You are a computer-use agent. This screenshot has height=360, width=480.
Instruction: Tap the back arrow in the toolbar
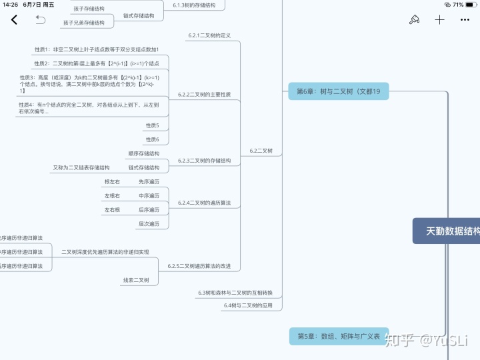click(x=15, y=20)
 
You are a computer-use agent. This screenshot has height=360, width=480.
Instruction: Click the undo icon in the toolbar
click(x=40, y=20)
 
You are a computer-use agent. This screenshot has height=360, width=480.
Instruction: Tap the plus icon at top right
click(x=439, y=20)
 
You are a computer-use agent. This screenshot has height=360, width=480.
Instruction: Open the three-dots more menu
click(x=465, y=20)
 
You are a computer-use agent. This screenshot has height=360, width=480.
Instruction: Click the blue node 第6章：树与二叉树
click(x=338, y=91)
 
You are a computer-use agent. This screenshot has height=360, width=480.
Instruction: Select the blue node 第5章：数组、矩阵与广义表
click(x=338, y=337)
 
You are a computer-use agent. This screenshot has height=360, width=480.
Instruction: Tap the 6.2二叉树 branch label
click(x=261, y=151)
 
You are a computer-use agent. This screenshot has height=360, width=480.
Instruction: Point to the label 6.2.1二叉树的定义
click(x=209, y=35)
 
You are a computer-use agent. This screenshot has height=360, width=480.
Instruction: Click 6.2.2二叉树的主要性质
click(x=204, y=95)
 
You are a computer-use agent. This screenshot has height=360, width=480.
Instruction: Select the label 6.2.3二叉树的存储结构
click(x=204, y=161)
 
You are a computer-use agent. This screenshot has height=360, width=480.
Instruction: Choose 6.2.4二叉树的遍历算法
click(x=204, y=203)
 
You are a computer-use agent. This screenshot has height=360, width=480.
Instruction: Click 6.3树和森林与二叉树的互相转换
click(x=235, y=293)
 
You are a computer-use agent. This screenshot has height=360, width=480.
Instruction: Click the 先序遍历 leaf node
click(x=149, y=182)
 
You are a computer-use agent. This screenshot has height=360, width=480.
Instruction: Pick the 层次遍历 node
click(x=149, y=224)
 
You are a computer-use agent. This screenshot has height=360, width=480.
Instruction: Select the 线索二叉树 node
click(x=136, y=280)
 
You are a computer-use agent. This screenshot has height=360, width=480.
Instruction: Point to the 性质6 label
click(x=152, y=139)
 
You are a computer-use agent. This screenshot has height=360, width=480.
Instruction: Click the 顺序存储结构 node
click(x=143, y=153)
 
